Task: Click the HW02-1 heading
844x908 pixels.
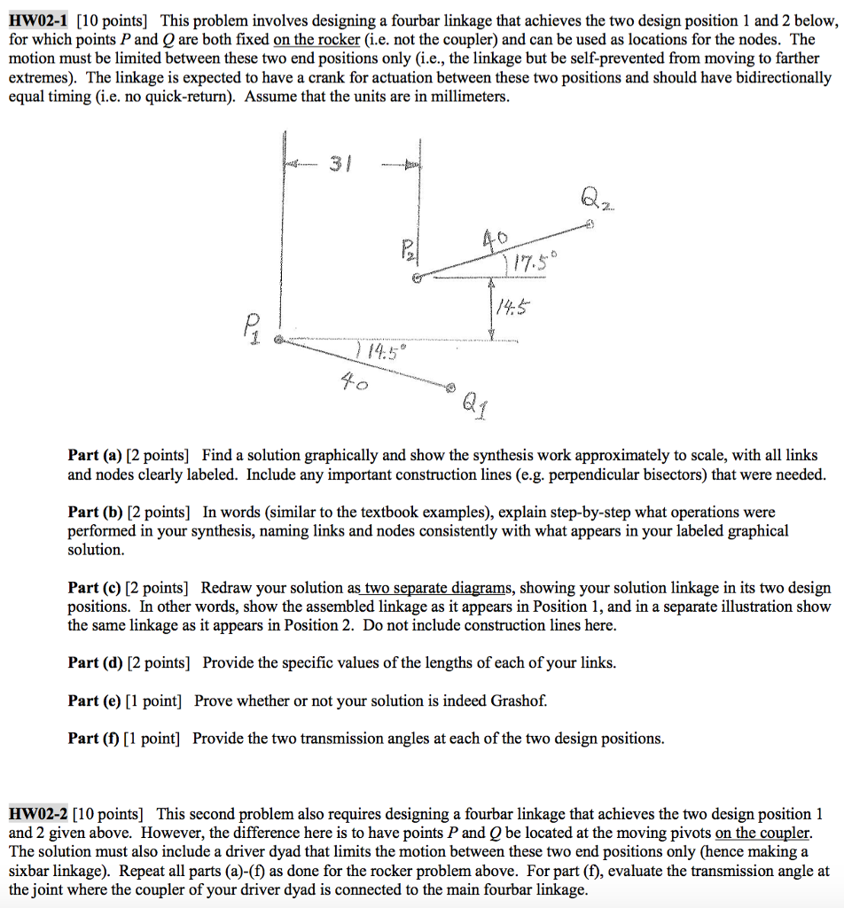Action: (x=37, y=21)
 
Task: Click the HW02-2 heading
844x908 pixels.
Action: (x=37, y=814)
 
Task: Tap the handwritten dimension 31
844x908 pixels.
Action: (x=340, y=165)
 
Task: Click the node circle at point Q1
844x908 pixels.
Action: (x=450, y=387)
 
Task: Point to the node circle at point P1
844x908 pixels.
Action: (x=278, y=340)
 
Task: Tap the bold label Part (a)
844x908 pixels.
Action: (x=95, y=456)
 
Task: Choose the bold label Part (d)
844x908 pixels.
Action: (x=96, y=662)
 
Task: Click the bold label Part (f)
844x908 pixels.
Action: (x=94, y=739)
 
